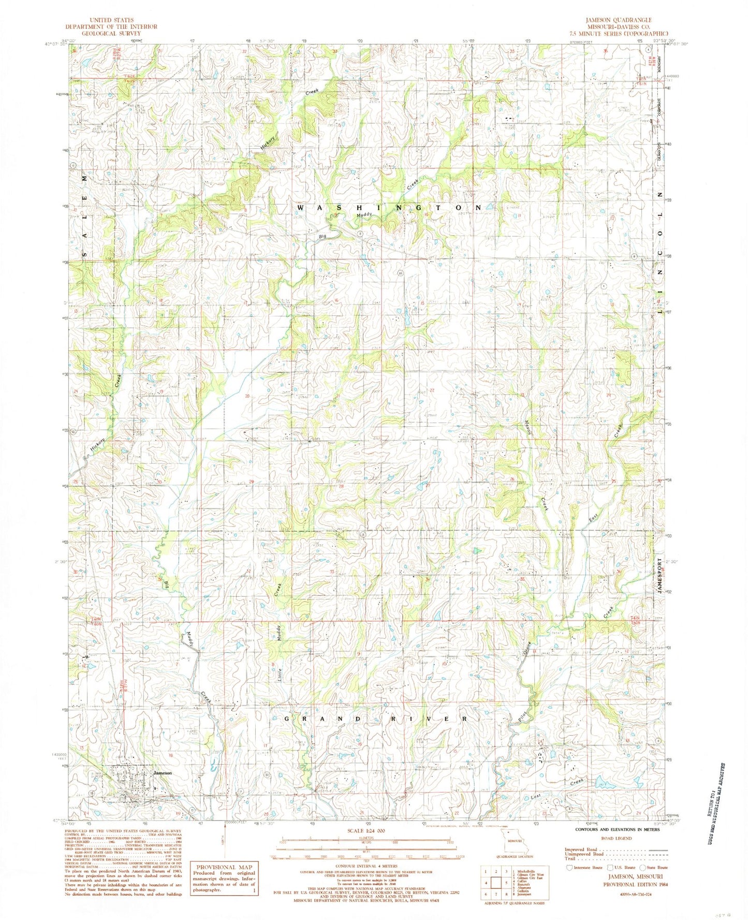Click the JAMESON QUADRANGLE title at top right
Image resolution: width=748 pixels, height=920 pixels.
[x=619, y=20]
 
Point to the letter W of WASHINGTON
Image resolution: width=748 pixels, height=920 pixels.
[x=301, y=207]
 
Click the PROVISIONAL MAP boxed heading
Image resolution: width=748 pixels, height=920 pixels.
[x=224, y=867]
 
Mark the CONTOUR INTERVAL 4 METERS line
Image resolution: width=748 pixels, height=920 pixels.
[x=370, y=866]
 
